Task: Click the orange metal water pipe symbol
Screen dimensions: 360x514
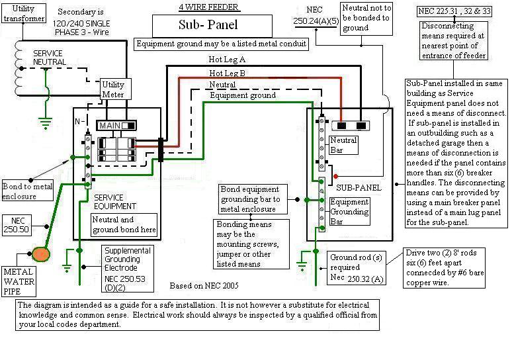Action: (x=41, y=254)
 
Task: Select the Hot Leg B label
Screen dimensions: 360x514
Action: (x=227, y=73)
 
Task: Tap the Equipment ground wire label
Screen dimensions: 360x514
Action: (x=242, y=96)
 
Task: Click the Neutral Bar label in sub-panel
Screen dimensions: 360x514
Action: (x=343, y=145)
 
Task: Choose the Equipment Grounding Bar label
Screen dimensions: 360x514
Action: (x=349, y=212)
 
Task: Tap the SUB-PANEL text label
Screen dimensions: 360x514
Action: (x=357, y=188)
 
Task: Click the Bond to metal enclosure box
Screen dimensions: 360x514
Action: (x=28, y=191)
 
